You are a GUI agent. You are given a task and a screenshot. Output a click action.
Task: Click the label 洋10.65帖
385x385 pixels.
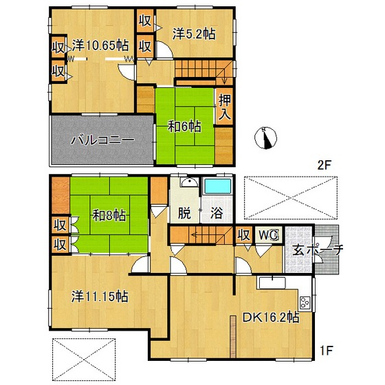(100, 45)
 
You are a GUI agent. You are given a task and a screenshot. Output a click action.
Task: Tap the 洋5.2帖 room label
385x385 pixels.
(194, 34)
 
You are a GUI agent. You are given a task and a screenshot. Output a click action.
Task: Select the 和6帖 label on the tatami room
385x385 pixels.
(184, 126)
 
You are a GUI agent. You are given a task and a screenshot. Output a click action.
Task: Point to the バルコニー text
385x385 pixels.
(102, 140)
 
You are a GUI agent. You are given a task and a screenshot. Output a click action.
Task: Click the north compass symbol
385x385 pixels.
(265, 137)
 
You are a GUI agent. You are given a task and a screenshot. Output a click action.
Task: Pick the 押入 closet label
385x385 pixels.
(225, 107)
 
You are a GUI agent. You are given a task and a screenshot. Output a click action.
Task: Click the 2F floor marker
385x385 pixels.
(324, 165)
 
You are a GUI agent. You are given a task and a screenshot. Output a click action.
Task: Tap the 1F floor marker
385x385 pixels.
(326, 350)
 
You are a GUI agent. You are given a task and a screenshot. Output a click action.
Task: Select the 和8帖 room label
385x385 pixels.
(109, 215)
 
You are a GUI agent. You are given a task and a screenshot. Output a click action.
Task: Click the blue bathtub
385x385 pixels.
(217, 186)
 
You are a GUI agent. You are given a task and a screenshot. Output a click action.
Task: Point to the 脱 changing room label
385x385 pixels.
(184, 212)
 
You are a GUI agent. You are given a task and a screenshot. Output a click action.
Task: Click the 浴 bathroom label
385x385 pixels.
(217, 212)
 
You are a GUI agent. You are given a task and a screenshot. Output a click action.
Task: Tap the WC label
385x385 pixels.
(268, 235)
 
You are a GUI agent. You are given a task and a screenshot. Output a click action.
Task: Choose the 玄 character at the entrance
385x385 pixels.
(299, 250)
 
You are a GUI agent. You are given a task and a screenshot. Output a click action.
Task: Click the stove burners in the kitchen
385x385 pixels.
(305, 302)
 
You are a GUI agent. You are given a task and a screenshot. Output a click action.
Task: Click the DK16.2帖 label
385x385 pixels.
(271, 318)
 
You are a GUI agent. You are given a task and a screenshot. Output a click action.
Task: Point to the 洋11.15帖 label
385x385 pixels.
(100, 296)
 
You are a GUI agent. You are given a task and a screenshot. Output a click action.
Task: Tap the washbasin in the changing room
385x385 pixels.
(189, 182)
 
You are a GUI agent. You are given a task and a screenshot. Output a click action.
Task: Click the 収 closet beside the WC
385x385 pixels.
(243, 235)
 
